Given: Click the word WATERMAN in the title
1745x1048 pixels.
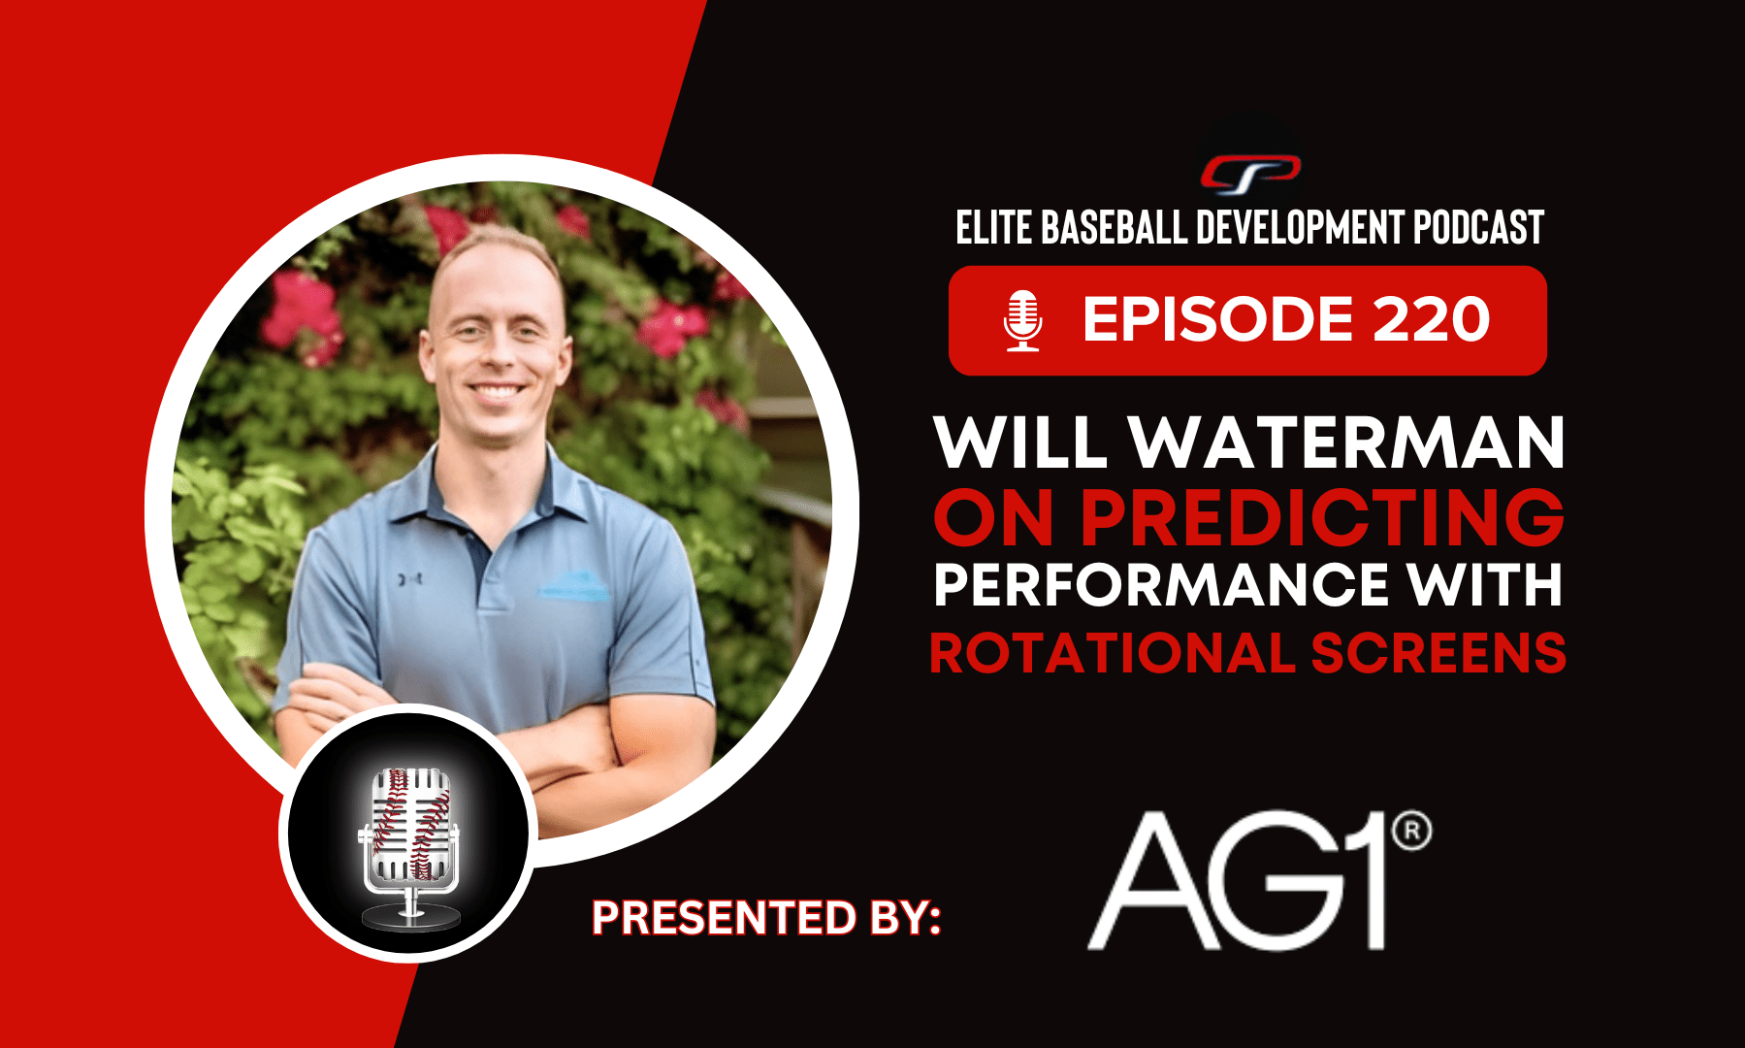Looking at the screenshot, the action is click(x=1347, y=442).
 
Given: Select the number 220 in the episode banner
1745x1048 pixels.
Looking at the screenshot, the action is click(x=1431, y=319).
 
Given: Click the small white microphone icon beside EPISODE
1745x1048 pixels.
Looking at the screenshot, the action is click(x=1022, y=320).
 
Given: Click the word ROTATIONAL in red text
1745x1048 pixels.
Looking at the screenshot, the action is click(x=1113, y=653).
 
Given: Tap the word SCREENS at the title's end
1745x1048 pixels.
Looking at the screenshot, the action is click(x=1439, y=653).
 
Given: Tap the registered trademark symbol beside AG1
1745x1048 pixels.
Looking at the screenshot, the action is click(x=1411, y=832).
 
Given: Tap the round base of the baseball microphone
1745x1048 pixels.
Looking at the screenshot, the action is click(x=409, y=916).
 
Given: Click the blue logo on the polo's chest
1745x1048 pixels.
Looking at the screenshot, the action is click(x=575, y=584).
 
